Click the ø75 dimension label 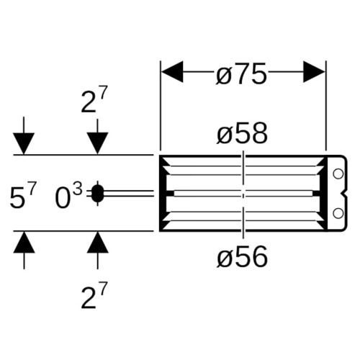pyautogui.click(x=241, y=73)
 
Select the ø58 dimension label pyautogui.click(x=242, y=133)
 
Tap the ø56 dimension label pyautogui.click(x=242, y=257)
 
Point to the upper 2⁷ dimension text pyautogui.click(x=93, y=99)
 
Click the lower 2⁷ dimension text pyautogui.click(x=93, y=295)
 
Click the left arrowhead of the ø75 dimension pyautogui.click(x=172, y=72)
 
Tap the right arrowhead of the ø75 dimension pyautogui.click(x=314, y=72)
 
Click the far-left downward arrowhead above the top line pyautogui.click(x=24, y=143)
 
